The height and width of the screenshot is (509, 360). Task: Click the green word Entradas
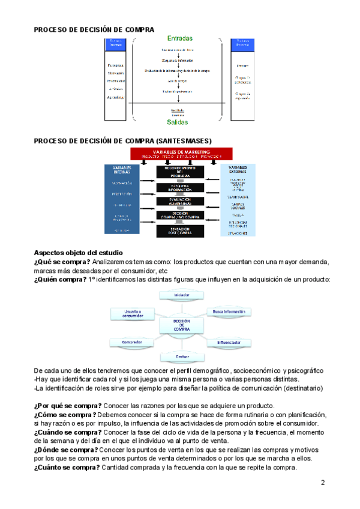coord(180,38)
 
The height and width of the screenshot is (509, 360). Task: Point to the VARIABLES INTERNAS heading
coord(122,170)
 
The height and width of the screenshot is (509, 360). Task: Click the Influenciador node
coord(229,343)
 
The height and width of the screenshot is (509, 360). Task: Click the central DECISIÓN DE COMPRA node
coord(181,325)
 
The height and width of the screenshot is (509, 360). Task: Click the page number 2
coord(323,483)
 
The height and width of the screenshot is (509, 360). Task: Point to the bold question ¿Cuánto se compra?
coord(67,469)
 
